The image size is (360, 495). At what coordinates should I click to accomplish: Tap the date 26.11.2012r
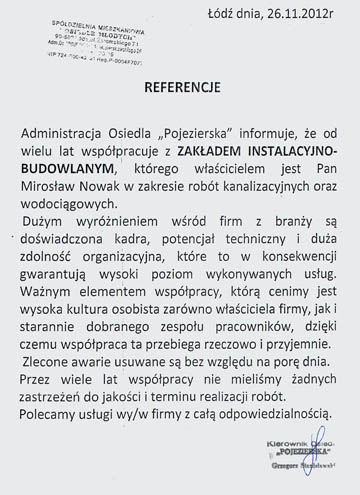point(309,12)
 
